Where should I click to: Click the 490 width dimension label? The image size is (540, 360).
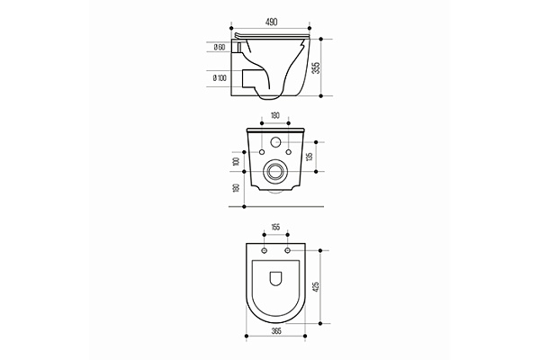click(271, 22)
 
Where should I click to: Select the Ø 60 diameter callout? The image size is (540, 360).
click(220, 47)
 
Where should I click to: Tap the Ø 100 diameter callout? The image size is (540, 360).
click(220, 78)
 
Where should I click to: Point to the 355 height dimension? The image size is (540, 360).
click(317, 67)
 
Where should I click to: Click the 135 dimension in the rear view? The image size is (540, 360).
click(310, 157)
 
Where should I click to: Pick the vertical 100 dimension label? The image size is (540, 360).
click(236, 161)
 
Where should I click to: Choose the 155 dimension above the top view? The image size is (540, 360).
click(275, 227)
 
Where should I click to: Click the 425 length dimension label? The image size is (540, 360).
click(317, 287)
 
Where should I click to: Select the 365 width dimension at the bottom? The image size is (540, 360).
click(276, 331)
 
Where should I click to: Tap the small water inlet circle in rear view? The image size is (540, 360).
click(276, 141)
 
